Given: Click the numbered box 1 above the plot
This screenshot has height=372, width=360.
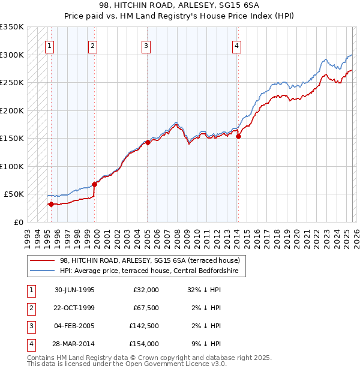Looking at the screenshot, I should [x=49, y=46].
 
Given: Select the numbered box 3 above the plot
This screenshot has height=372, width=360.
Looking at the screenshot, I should [x=146, y=46].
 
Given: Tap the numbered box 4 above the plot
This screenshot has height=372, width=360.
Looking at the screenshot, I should [x=237, y=46].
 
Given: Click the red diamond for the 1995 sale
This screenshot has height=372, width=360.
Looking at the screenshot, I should [x=51, y=204].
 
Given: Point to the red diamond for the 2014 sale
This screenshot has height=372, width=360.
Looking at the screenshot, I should [x=239, y=136].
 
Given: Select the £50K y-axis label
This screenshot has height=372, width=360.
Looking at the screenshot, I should [x=14, y=194].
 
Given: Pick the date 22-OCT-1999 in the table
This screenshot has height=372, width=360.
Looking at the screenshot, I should [x=74, y=308].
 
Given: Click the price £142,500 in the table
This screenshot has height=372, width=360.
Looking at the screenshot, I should [x=144, y=326].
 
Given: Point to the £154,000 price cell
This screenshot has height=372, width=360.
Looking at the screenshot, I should [x=144, y=344].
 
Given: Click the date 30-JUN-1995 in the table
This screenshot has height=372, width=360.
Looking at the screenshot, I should [x=74, y=290].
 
